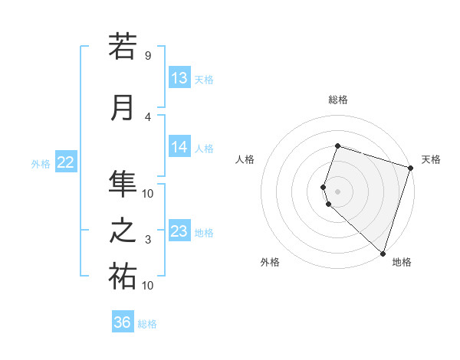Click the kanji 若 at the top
pyautogui.click(x=123, y=47)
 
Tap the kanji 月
pyautogui.click(x=123, y=108)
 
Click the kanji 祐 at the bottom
pyautogui.click(x=123, y=277)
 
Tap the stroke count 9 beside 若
pyautogui.click(x=147, y=56)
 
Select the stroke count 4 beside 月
pyautogui.click(x=147, y=116)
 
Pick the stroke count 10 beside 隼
pyautogui.click(x=147, y=192)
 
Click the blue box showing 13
pyautogui.click(x=179, y=78)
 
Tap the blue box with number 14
pyautogui.click(x=179, y=147)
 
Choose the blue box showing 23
pyautogui.click(x=179, y=231)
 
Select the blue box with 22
pyautogui.click(x=66, y=162)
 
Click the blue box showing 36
pyautogui.click(x=123, y=322)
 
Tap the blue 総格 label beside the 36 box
pyautogui.click(x=147, y=324)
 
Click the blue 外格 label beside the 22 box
pyautogui.click(x=41, y=163)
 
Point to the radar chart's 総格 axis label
pyautogui.click(x=337, y=100)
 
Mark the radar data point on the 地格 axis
pyautogui.click(x=383, y=253)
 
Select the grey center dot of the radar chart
pyautogui.click(x=337, y=191)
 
